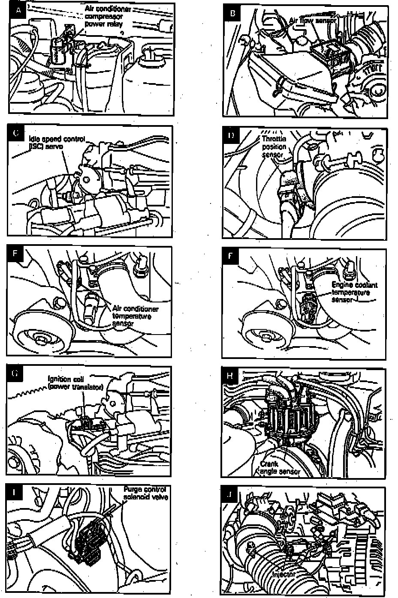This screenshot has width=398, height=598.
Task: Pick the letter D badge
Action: click(x=231, y=136)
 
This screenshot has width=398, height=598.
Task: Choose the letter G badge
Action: click(x=15, y=374)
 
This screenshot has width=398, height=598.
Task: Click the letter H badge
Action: click(x=230, y=376)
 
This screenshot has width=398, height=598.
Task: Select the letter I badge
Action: click(x=15, y=492)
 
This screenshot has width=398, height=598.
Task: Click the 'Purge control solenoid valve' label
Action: click(x=146, y=493)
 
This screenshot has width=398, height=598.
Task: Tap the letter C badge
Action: click(x=16, y=133)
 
